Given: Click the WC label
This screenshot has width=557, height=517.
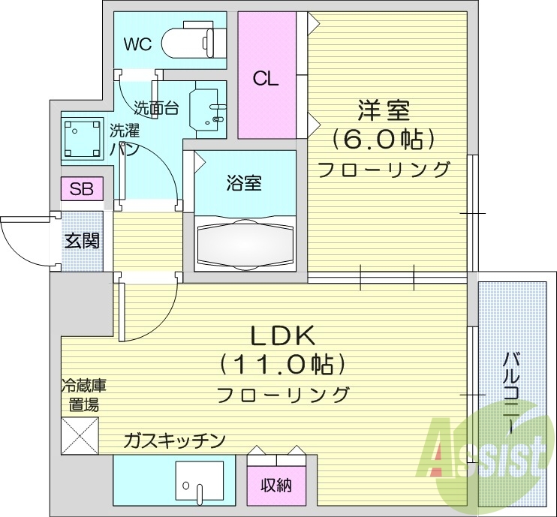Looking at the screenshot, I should pos(137,44).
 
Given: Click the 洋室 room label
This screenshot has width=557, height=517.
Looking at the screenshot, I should pos(383,110).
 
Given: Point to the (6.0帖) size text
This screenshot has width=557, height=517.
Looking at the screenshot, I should pos(384,139).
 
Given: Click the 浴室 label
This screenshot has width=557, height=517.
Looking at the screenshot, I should pos(244,182).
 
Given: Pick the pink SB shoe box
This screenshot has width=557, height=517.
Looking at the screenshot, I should pos(82,189).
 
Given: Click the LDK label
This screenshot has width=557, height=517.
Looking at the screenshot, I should pos(281,335).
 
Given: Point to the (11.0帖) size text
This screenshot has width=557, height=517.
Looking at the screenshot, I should pos(282,365).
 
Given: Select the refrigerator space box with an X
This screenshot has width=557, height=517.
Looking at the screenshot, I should pos(80,435).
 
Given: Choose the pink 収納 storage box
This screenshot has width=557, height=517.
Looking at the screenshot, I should pos(276,485).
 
